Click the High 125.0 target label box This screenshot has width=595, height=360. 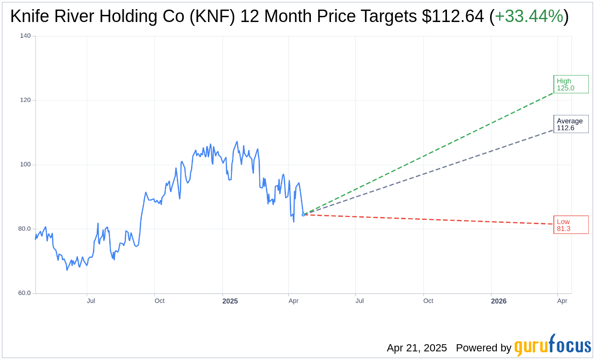pyautogui.click(x=571, y=84)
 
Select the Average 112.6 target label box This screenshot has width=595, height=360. pyautogui.click(x=571, y=124)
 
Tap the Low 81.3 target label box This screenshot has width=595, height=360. pyautogui.click(x=571, y=225)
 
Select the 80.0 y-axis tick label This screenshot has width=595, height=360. pyautogui.click(x=24, y=228)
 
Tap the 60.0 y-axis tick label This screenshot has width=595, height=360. pyautogui.click(x=24, y=292)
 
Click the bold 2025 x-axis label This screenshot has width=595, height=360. pyautogui.click(x=230, y=301)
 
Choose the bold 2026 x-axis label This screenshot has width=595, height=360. pyautogui.click(x=499, y=301)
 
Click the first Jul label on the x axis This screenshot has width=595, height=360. pyautogui.click(x=91, y=301)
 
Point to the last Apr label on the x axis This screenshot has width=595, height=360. pyautogui.click(x=562, y=301)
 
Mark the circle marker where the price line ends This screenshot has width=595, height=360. pyautogui.click(x=303, y=214)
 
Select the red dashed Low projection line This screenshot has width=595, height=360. pyautogui.click(x=431, y=219)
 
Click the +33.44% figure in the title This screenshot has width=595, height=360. pyautogui.click(x=529, y=17)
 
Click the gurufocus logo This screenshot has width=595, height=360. pyautogui.click(x=552, y=346)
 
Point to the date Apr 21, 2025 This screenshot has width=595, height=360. pyautogui.click(x=417, y=348)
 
